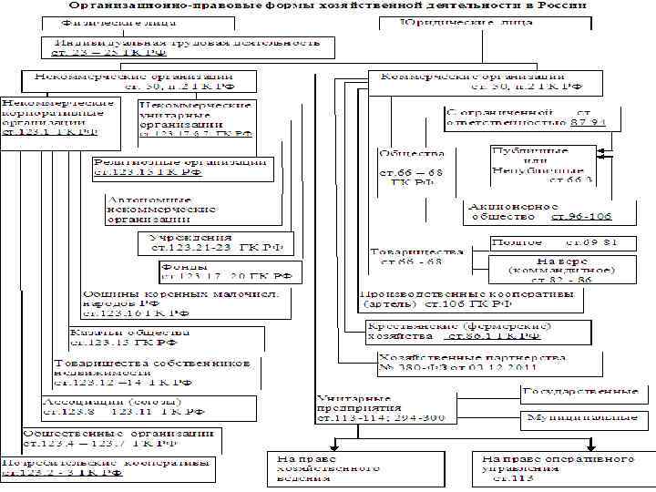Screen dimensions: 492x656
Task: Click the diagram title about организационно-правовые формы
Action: pos(328,5)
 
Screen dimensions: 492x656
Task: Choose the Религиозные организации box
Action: pos(179,166)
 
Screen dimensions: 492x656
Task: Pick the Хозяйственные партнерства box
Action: pos(487,364)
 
